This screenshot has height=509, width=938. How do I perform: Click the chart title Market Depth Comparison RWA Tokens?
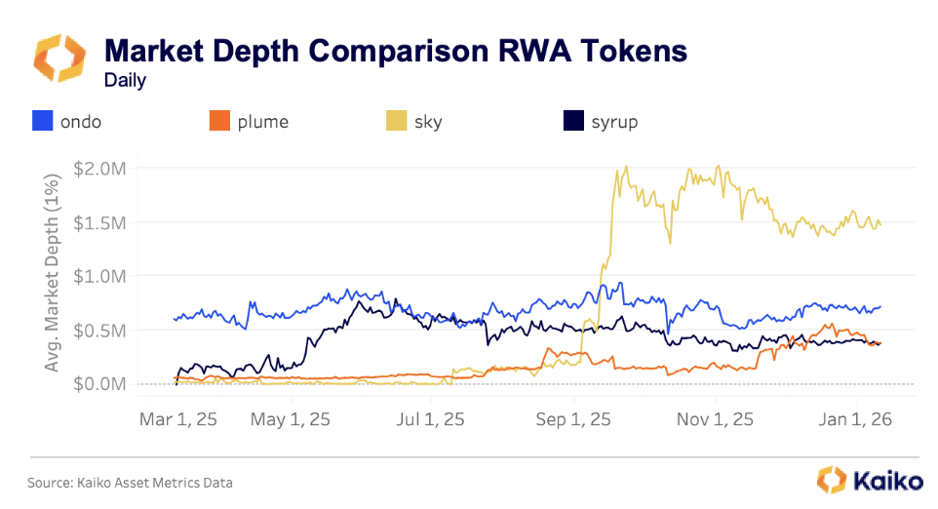point(396,51)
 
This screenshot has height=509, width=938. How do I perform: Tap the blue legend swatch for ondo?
point(42,122)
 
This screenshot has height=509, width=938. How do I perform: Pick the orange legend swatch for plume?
point(218,122)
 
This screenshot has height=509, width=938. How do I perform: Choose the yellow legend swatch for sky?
point(396,122)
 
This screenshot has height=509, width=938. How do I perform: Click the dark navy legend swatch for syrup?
point(573,122)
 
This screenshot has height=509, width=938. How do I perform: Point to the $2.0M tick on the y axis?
point(100,168)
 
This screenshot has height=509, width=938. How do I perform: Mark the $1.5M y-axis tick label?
point(100,222)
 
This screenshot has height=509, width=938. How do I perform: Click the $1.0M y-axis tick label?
point(100,276)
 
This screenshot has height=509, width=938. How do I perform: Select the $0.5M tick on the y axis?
point(100,331)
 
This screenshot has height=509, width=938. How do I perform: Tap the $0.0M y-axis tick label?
point(100,384)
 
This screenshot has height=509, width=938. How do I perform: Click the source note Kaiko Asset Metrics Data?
point(130,482)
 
